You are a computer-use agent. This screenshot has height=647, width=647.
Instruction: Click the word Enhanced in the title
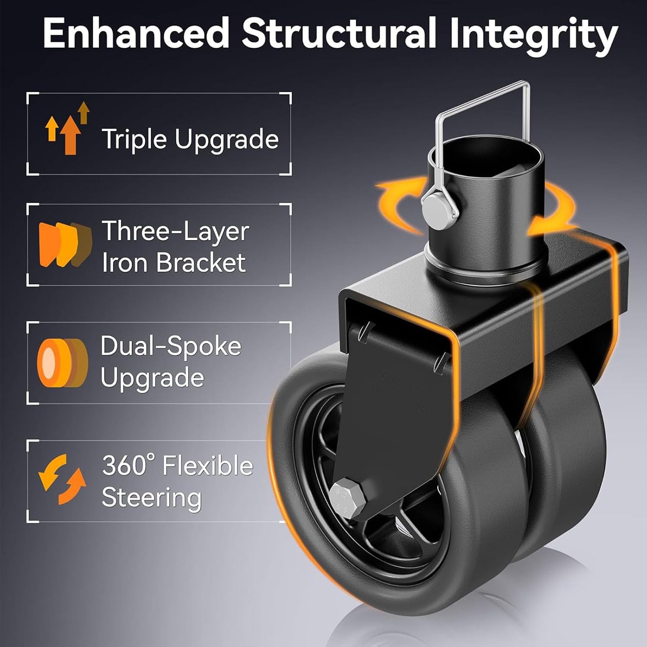136,34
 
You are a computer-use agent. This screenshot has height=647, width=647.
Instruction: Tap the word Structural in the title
339,34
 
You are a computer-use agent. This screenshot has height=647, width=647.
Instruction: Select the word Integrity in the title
534,37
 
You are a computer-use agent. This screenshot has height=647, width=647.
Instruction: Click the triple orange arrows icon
68,128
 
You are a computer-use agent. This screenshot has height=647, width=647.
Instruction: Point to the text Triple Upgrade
190,139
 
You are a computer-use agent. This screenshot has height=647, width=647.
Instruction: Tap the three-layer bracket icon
66,244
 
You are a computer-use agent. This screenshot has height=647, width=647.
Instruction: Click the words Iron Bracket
174,262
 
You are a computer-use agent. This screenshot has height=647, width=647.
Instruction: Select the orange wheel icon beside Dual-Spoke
62,362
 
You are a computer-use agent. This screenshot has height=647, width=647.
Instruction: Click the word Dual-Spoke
171,346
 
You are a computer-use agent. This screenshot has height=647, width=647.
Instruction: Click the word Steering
151,498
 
